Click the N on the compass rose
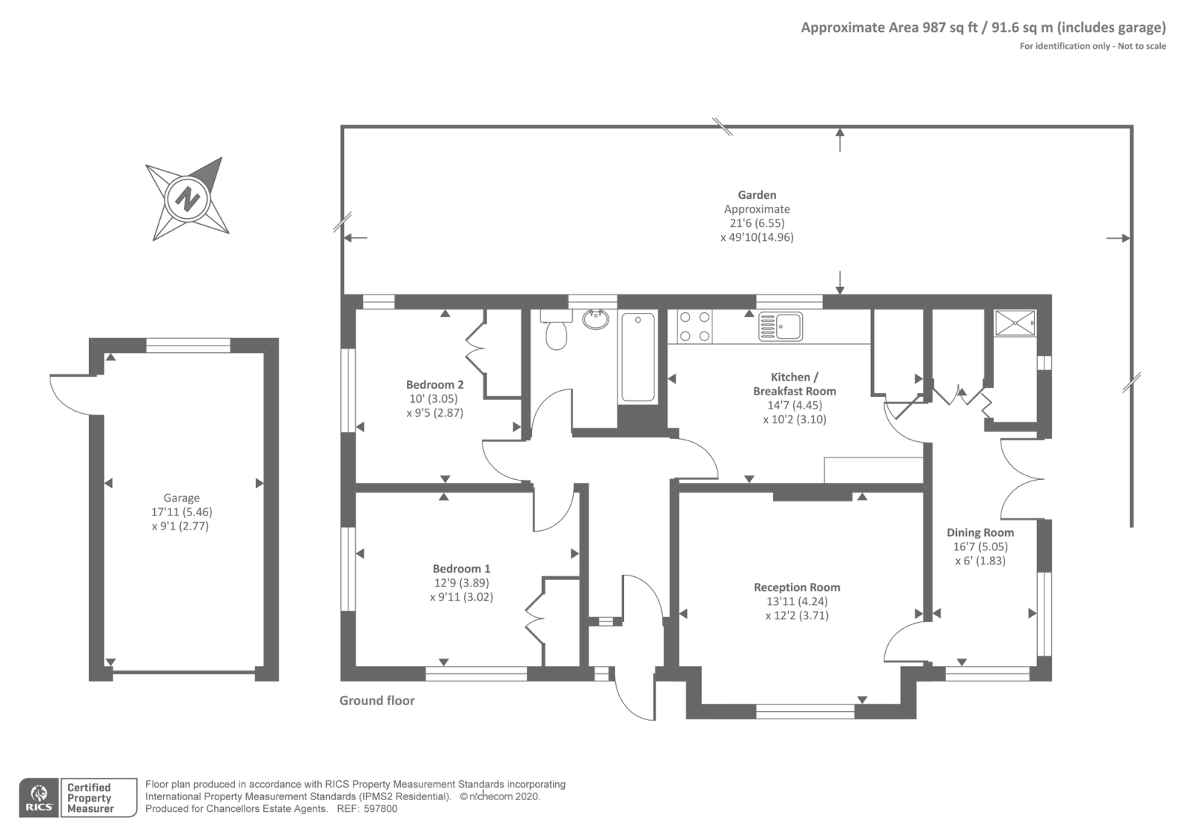click(x=188, y=199)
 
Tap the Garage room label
click(x=182, y=498)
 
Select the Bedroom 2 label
click(x=434, y=384)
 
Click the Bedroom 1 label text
click(x=461, y=569)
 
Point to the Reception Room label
click(x=797, y=587)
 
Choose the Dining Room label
click(x=980, y=532)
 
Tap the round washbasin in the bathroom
click(x=595, y=320)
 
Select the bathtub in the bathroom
click(x=637, y=357)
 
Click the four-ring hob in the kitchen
click(x=695, y=326)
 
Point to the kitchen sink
click(x=781, y=326)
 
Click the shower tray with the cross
click(x=1015, y=323)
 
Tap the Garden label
click(x=757, y=195)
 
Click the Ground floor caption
click(x=377, y=700)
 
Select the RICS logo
click(x=39, y=798)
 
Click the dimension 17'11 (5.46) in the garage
click(x=182, y=512)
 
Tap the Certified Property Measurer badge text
click(x=90, y=798)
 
